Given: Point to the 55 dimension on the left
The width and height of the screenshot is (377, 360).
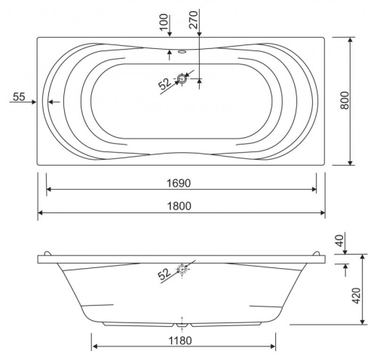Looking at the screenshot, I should (x=20, y=96).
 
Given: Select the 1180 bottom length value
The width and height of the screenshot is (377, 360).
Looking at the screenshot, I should (x=182, y=340).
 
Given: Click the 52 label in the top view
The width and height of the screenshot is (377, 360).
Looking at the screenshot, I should (x=164, y=83).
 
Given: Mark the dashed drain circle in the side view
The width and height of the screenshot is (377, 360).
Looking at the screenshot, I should (x=182, y=267).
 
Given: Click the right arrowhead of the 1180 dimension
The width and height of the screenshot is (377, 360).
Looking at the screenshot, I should (x=274, y=348).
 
